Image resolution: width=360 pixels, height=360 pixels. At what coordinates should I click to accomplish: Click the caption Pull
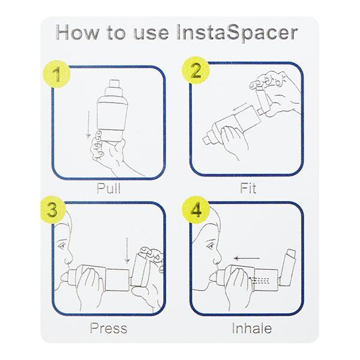[x=109, y=188]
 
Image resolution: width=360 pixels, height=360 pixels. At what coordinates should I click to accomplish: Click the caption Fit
[x=247, y=188]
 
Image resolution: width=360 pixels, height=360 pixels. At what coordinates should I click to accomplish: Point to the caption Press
[x=108, y=328]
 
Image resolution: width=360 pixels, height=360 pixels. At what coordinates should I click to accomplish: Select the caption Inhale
[x=251, y=328]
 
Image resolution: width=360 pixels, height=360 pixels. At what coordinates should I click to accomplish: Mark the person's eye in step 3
[x=62, y=244]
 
